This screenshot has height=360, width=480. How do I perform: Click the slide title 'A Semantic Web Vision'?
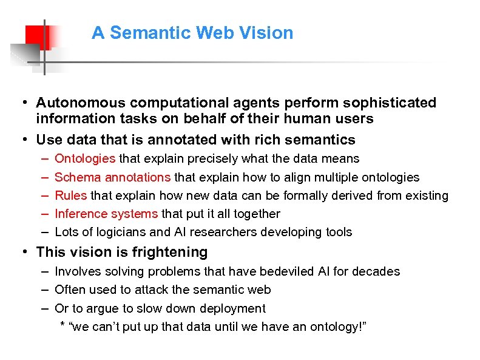[192, 33]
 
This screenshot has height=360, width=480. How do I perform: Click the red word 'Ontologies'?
[85, 159]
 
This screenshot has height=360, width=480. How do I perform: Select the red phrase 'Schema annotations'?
[113, 177]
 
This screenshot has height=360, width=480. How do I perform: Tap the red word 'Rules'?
[71, 195]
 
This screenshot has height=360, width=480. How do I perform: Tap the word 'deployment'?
[234, 308]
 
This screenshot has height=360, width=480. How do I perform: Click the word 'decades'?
[379, 271]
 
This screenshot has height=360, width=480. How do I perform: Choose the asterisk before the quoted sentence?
[63, 326]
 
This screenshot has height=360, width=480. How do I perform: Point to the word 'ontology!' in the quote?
[340, 327]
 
